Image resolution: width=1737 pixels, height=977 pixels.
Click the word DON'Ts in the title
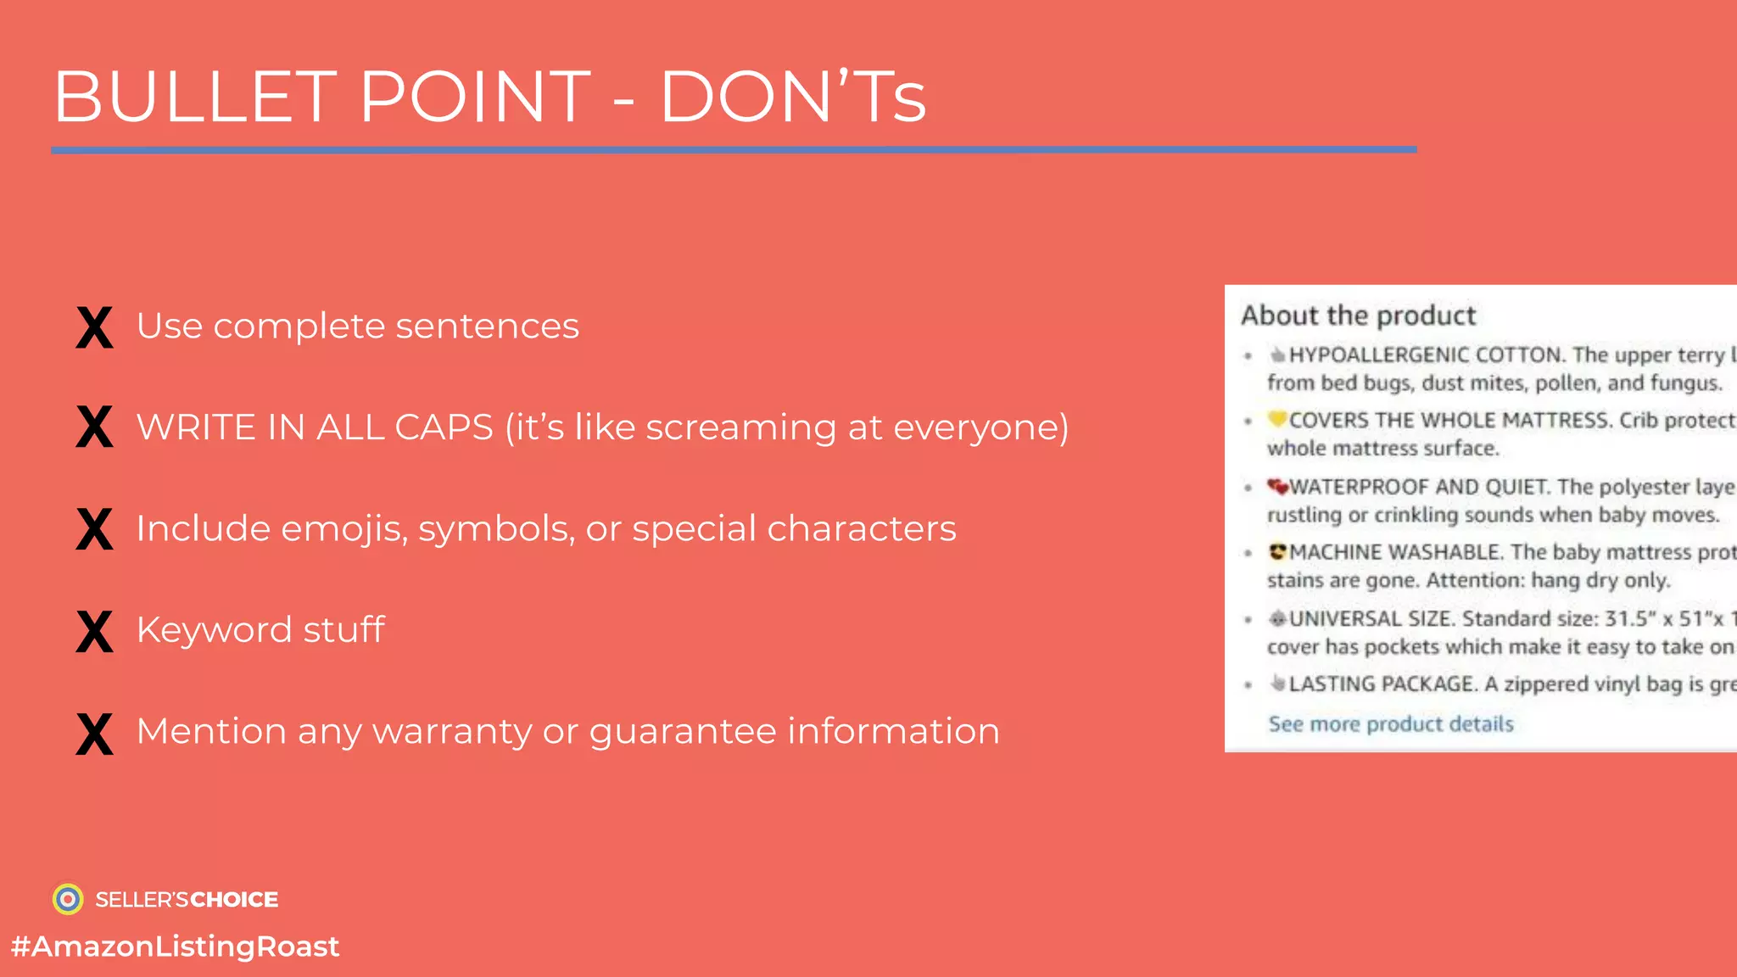792,97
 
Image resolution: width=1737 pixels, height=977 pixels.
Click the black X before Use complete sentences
94,327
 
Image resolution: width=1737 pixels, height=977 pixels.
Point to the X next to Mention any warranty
94,733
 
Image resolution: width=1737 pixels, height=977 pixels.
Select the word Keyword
214,630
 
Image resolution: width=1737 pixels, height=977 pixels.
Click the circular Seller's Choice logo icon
68,899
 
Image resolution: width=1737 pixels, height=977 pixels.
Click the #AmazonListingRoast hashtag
175,946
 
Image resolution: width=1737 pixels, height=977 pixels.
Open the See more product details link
1391,723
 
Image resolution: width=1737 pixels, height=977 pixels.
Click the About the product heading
1358,315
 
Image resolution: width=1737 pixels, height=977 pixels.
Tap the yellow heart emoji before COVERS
1277,419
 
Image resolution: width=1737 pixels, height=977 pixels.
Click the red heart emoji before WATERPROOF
1277,486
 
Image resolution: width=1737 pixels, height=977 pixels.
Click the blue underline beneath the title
734,150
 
